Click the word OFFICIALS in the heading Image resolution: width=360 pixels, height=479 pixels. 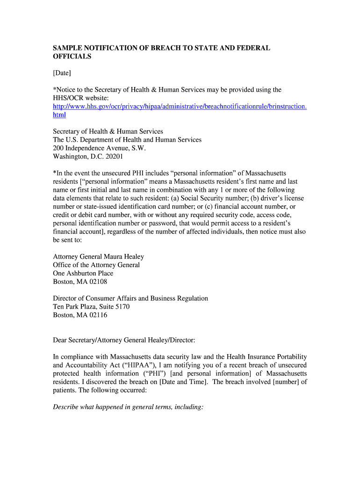pos(72,57)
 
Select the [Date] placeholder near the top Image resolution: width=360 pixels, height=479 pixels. pos(62,73)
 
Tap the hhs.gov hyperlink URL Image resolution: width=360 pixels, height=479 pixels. pos(180,106)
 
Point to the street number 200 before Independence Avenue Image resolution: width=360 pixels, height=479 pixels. pos(58,148)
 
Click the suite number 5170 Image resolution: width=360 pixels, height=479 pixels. pos(121,307)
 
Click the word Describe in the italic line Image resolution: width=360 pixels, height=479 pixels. pos(66,407)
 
